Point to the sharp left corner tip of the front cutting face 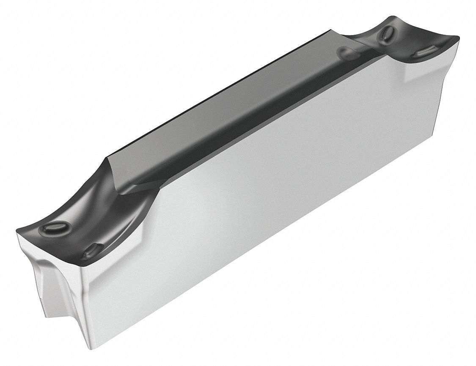[x=17, y=231]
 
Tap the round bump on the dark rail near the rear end [x=347, y=54]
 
